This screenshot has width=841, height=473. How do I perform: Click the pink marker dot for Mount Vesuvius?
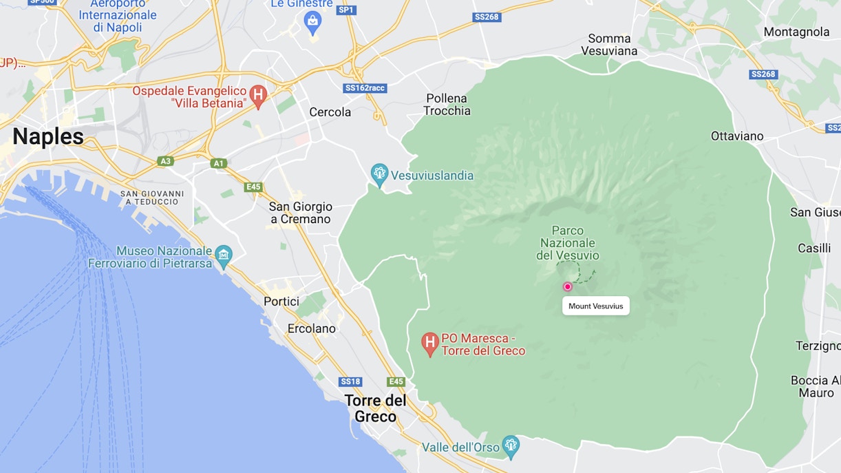click(568, 287)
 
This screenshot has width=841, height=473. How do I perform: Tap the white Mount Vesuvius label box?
click(596, 306)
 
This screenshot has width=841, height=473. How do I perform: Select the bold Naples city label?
click(48, 136)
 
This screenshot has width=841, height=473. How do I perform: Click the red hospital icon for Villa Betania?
click(258, 96)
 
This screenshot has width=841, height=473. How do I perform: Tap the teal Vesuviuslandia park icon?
click(379, 174)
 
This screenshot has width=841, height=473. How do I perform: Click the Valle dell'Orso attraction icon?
click(510, 445)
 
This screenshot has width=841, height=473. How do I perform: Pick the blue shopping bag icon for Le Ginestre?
click(312, 22)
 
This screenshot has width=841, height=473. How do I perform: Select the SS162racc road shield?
click(365, 88)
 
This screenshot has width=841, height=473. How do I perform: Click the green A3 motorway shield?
click(164, 161)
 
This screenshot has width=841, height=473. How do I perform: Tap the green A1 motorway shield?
click(219, 163)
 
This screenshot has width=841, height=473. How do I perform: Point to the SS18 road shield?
click(350, 381)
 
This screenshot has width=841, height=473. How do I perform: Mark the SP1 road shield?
click(346, 10)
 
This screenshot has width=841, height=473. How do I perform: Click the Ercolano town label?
click(312, 328)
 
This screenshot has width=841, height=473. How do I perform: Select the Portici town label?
click(281, 301)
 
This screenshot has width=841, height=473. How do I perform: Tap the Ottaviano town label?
click(737, 136)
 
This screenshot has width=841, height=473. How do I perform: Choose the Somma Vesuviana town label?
click(609, 44)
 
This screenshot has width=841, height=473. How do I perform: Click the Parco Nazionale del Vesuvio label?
click(568, 243)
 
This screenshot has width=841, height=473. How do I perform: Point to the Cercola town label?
click(330, 112)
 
